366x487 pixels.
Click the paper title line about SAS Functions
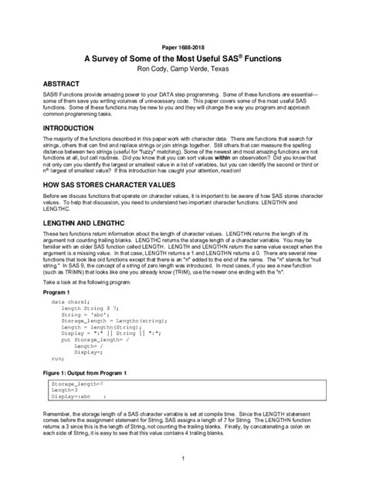[183, 59]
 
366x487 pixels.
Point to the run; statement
[57, 359]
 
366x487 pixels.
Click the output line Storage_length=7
[77, 383]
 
